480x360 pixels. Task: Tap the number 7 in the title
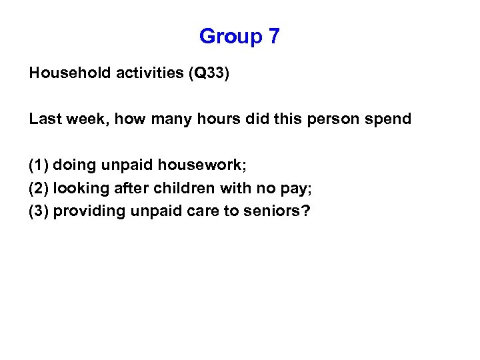click(274, 36)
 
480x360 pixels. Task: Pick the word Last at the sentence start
click(44, 119)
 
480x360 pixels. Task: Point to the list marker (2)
click(39, 189)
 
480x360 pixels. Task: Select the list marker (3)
click(39, 212)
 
